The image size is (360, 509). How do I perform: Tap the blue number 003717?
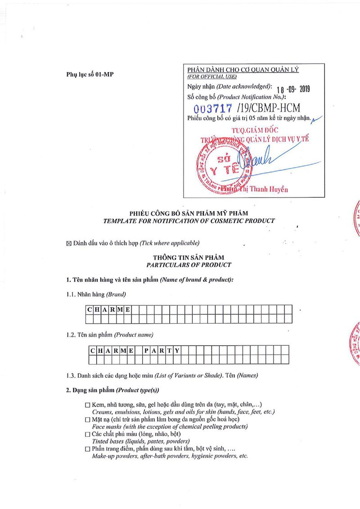point(213,108)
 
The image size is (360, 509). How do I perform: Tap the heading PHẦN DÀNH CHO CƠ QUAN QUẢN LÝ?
point(243,70)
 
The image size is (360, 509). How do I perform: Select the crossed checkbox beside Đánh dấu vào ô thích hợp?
point(69,244)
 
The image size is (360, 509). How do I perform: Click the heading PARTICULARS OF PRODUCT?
point(189,265)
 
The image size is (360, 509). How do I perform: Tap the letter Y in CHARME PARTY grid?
point(177,350)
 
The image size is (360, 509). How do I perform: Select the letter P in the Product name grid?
point(147,350)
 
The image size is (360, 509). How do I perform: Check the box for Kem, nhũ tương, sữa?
point(88,405)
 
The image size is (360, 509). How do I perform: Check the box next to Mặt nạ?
point(88,419)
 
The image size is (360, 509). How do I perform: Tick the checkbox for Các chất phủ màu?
point(88,434)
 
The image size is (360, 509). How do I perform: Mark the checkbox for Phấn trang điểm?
point(88,449)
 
